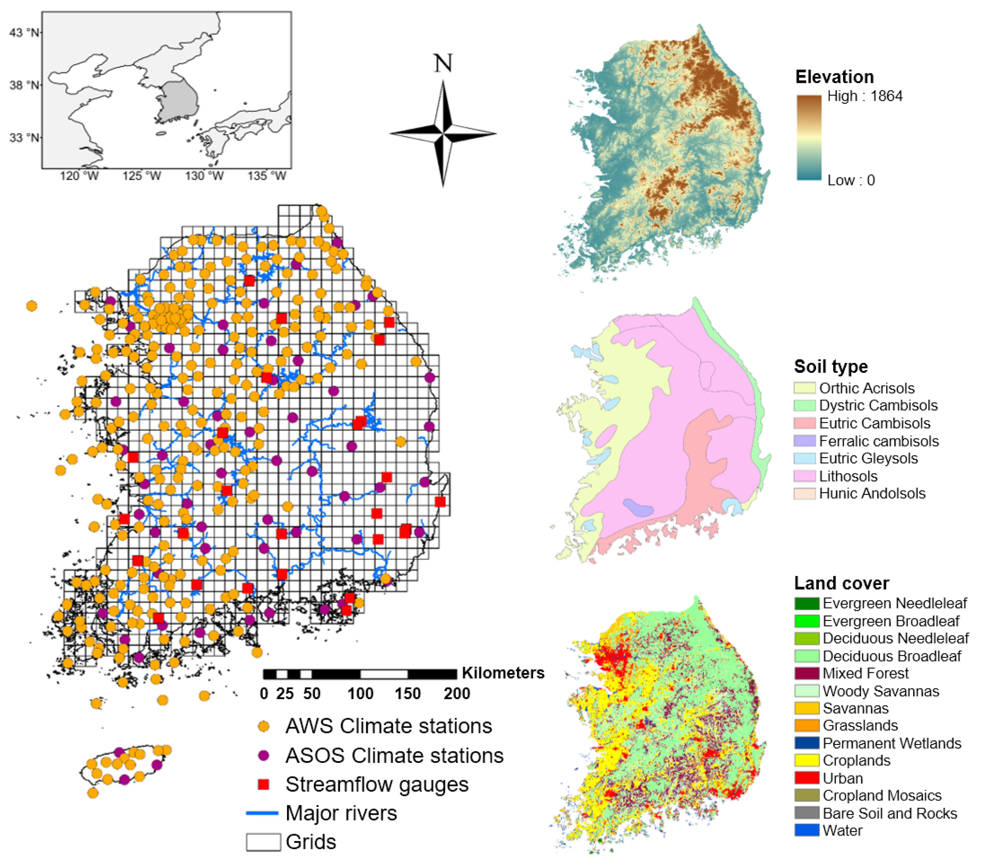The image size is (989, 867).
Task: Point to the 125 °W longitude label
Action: click(x=141, y=176)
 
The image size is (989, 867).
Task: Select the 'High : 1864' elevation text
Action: click(x=865, y=96)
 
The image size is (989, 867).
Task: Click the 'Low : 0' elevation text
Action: click(x=851, y=181)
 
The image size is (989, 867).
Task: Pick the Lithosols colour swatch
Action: click(x=805, y=476)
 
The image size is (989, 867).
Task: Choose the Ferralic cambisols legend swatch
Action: click(x=805, y=441)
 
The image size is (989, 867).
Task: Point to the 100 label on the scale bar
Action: click(x=360, y=693)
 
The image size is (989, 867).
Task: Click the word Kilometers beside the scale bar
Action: click(x=503, y=673)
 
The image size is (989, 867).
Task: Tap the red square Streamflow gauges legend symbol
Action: click(x=263, y=784)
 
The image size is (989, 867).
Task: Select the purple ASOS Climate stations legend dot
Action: click(x=263, y=755)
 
